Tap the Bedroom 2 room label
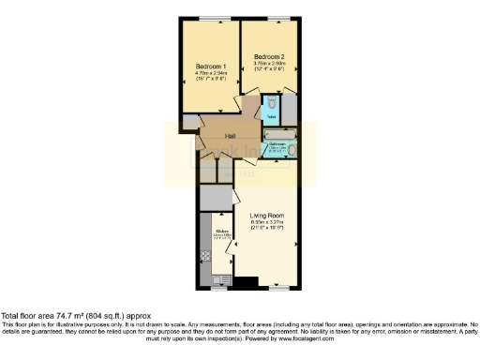pos(267,57)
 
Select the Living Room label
pos(266,217)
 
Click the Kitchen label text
pos(222,230)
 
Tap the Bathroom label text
pos(277,144)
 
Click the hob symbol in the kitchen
pos(205,256)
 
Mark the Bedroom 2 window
pos(275,18)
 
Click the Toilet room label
pos(270,117)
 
